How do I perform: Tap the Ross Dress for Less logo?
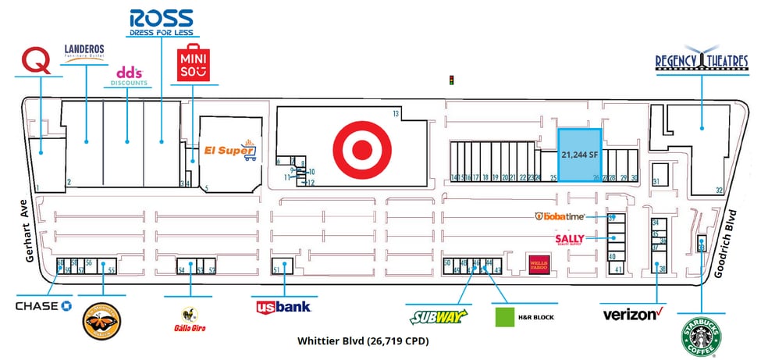162,23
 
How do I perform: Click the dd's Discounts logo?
130,75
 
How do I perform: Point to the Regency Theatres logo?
702,62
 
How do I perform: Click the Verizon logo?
632,315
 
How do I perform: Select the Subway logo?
438,316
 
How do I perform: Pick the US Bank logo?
283,307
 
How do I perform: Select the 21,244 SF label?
578,155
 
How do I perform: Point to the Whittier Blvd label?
363,342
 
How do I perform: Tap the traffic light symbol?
450,79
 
